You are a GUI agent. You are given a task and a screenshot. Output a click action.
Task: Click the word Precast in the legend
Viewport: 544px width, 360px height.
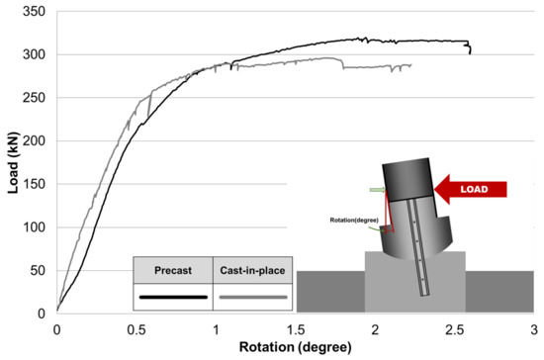click(173, 270)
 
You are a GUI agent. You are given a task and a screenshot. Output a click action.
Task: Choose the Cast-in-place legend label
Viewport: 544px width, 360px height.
click(252, 270)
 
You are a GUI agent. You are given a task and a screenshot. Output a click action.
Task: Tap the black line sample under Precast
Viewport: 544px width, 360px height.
click(173, 296)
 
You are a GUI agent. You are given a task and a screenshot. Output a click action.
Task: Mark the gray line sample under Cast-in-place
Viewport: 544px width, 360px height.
click(252, 296)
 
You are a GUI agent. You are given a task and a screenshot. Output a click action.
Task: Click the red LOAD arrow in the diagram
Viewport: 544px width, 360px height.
click(473, 188)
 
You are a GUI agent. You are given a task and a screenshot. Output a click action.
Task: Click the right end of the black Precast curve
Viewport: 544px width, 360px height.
click(470, 51)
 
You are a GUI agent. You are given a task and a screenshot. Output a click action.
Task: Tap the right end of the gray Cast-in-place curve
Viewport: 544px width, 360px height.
click(411, 65)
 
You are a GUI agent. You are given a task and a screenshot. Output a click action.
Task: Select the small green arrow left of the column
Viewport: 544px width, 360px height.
click(377, 189)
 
